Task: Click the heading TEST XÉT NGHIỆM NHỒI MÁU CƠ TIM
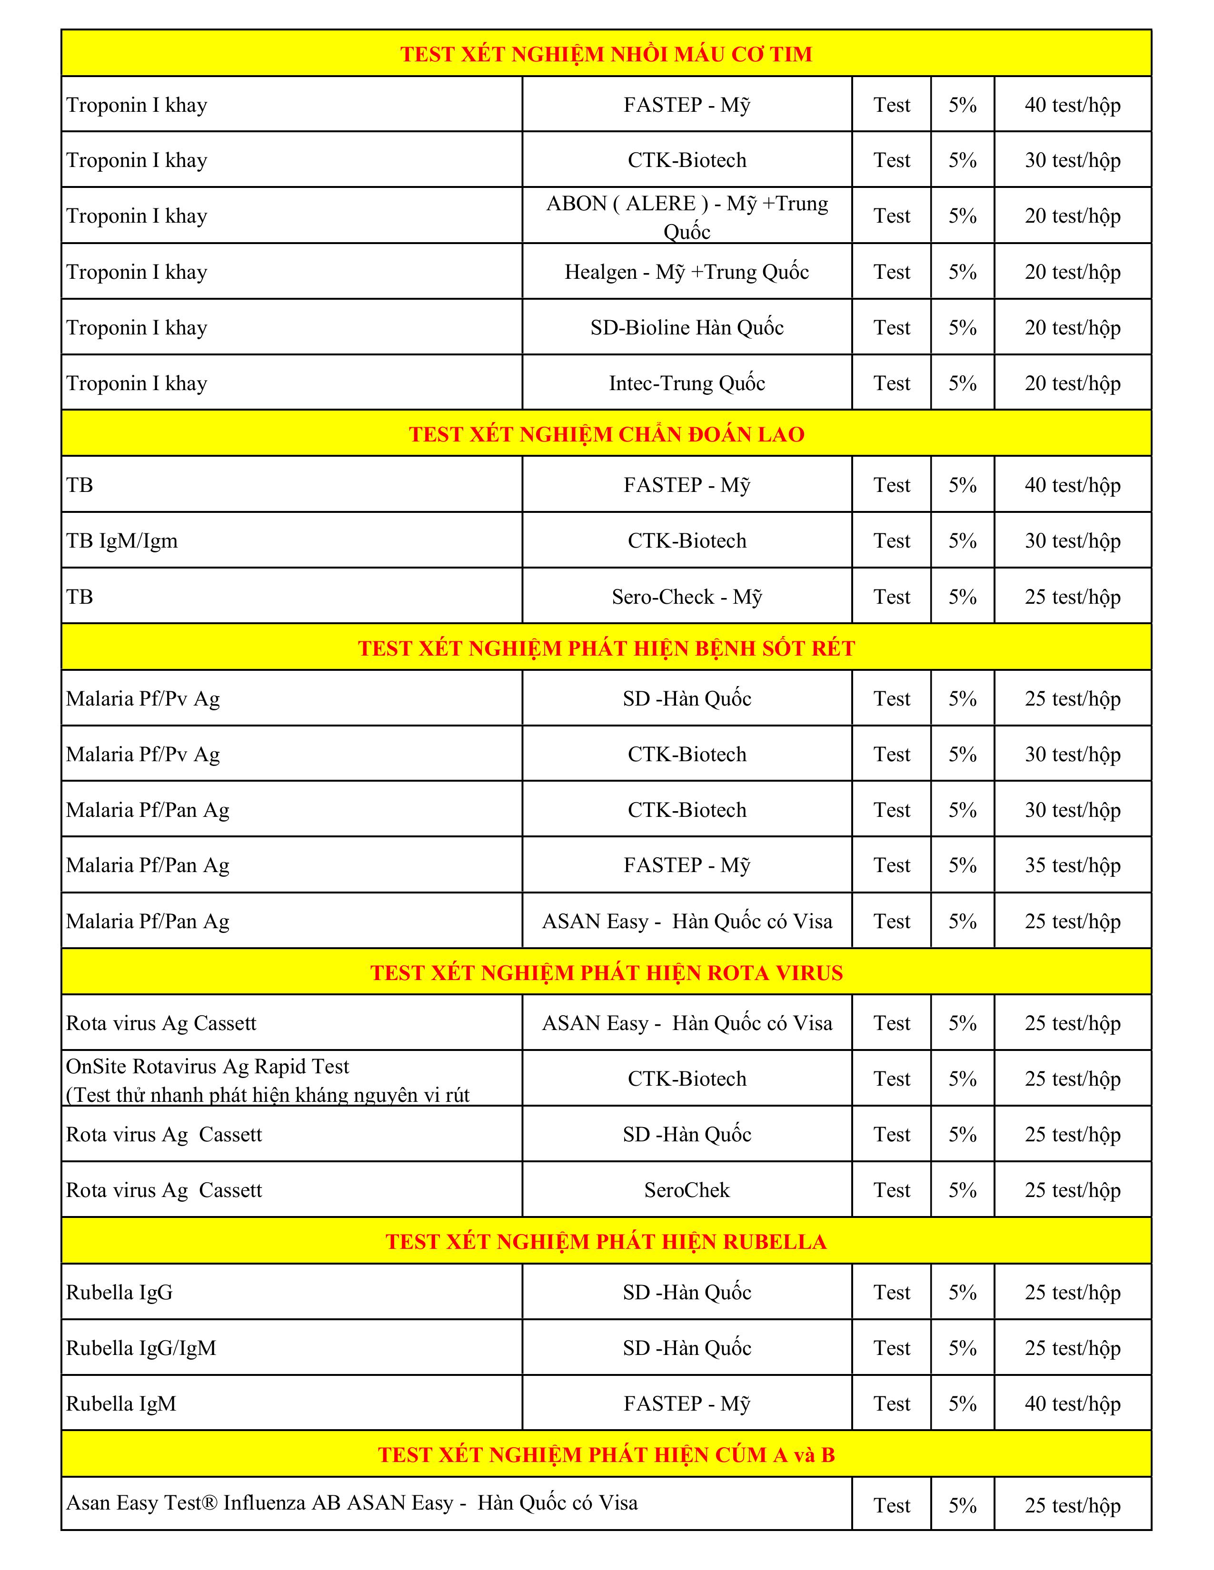606,54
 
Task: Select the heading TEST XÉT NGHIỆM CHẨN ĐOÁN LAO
606,434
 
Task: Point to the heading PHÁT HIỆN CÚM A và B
606,1454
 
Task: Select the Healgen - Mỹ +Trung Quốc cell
687,272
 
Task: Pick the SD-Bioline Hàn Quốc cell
687,328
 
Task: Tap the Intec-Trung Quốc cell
687,383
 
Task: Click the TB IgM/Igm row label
122,540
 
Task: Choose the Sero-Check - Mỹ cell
687,597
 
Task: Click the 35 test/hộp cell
1072,865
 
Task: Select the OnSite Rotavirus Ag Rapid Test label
208,1067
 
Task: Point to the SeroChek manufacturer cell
687,1190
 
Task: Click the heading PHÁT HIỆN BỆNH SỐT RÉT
606,648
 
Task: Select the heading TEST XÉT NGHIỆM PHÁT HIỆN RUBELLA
606,1241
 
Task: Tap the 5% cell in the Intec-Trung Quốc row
962,383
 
